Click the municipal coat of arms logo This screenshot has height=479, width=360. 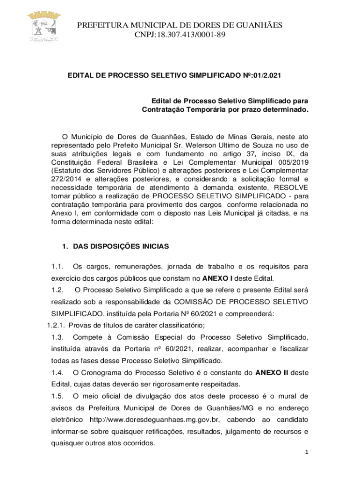tap(44, 28)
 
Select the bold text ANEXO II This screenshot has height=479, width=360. tap(272, 372)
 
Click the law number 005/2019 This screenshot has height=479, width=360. tap(290, 162)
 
